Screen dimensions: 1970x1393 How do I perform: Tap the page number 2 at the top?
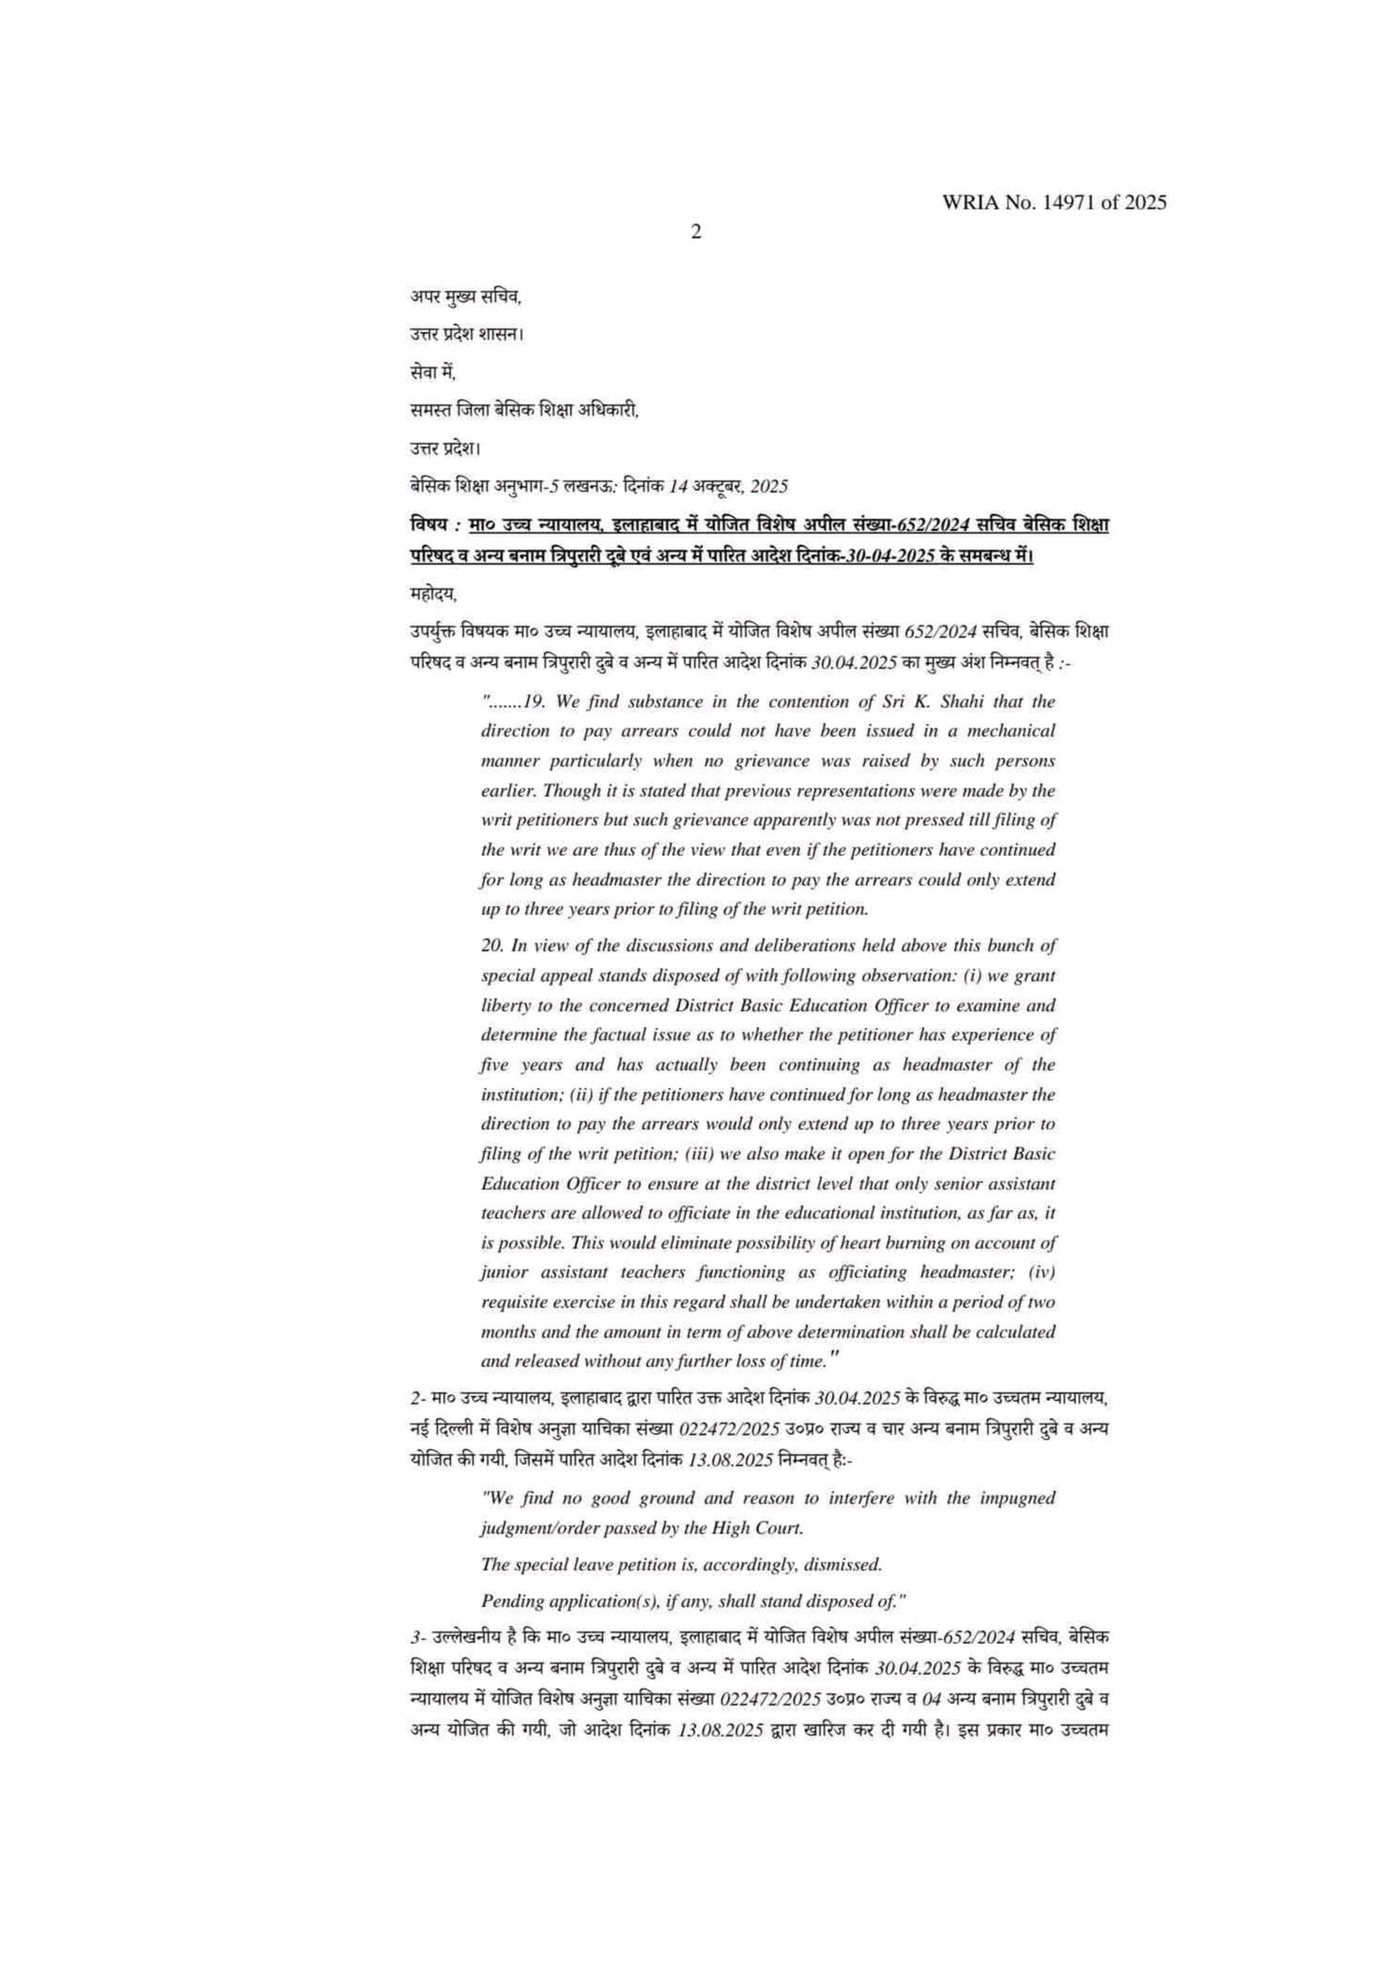click(x=696, y=232)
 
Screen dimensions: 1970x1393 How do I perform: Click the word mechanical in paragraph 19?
click(x=1014, y=730)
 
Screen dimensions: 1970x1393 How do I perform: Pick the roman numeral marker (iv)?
click(x=1041, y=1272)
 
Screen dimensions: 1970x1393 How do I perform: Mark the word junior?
click(x=501, y=1272)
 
